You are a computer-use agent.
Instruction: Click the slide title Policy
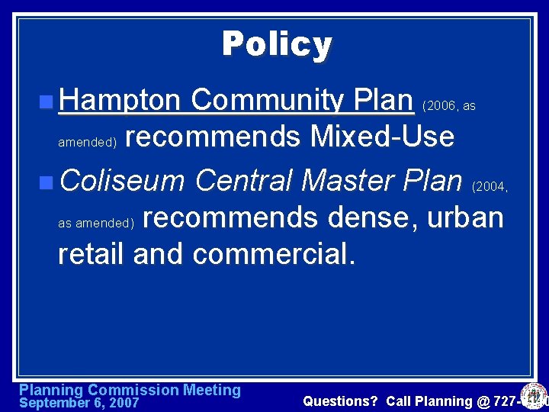pyautogui.click(x=277, y=44)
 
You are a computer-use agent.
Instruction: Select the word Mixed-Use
pyautogui.click(x=382, y=137)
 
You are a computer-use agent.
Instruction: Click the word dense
pyautogui.click(x=371, y=217)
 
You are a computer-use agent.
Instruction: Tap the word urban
pyautogui.click(x=465, y=217)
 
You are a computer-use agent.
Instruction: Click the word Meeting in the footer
pyautogui.click(x=211, y=390)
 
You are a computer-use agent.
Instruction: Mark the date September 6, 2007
pyautogui.click(x=79, y=402)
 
